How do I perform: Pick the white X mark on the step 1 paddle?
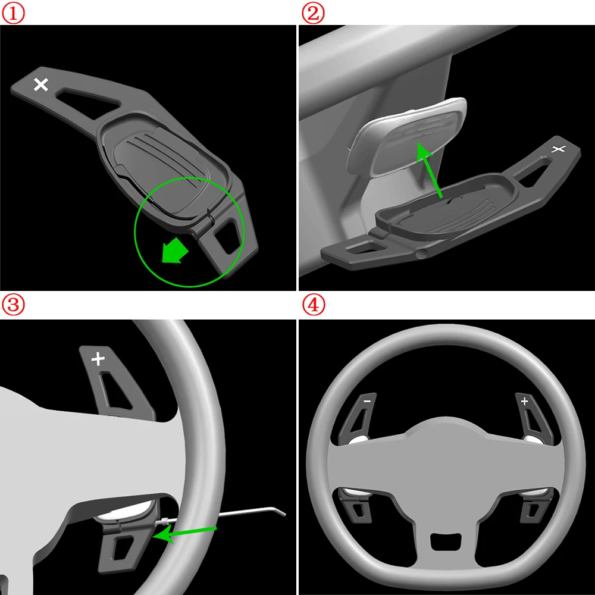41,84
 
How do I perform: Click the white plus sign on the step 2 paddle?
558,149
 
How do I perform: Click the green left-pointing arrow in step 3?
184,534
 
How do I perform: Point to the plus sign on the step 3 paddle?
98,359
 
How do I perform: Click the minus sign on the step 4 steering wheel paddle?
366,402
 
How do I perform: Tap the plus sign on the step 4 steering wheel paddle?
524,401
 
